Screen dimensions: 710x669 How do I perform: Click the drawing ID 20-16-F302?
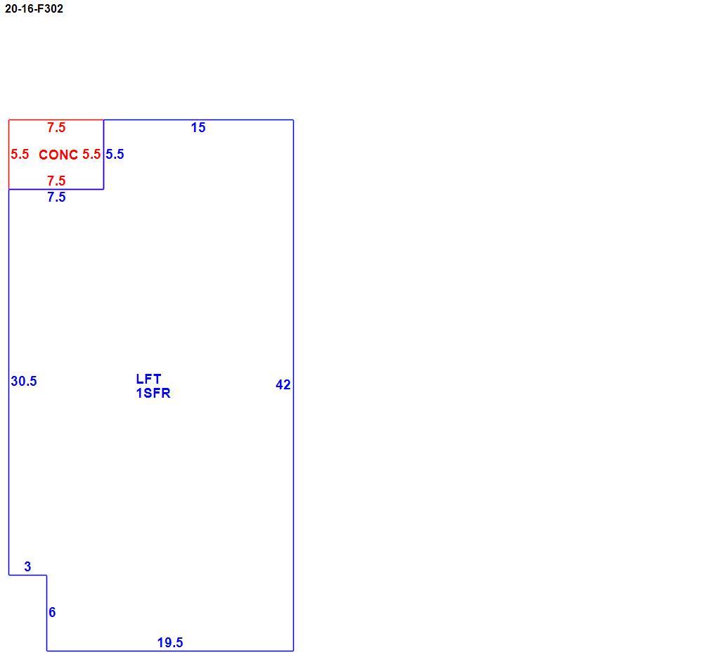34,8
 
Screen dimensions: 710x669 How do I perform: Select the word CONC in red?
58,155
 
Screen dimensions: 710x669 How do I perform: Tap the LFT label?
148,379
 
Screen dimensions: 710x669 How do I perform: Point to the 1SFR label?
153,394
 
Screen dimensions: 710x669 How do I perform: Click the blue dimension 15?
198,128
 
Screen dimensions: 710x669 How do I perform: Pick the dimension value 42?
283,384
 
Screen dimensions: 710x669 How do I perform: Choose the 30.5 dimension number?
24,381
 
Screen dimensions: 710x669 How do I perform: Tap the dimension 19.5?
170,643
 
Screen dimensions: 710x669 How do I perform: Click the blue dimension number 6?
52,612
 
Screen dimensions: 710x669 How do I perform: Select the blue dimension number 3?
27,566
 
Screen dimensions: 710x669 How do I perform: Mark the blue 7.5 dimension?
57,197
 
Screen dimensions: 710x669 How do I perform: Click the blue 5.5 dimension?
115,155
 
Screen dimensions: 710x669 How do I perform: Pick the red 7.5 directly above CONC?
57,128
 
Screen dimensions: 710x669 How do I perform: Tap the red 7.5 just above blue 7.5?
57,181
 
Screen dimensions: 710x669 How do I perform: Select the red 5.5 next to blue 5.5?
91,155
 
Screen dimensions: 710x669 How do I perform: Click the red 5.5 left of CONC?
20,155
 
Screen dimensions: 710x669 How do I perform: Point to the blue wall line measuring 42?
293,386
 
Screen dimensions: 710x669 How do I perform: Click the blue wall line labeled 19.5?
170,651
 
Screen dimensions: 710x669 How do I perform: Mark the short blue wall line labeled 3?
27,576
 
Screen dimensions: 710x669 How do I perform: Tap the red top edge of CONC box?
56,120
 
